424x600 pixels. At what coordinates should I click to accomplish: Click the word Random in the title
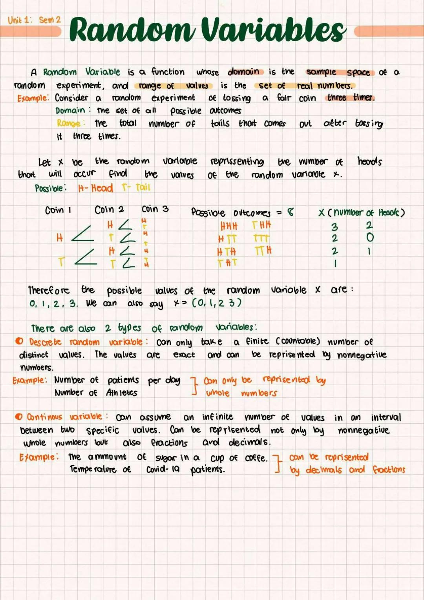pos(132,30)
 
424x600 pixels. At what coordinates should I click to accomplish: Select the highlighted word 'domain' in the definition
pos(243,72)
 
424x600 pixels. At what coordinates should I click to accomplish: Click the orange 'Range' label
pos(69,123)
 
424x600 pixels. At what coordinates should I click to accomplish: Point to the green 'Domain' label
pos(70,110)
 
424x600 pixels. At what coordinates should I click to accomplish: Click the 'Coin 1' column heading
pos(58,210)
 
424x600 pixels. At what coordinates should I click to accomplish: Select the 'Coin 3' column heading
pos(155,209)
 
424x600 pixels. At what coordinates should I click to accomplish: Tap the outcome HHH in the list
pos(229,226)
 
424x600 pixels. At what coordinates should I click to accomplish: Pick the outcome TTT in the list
pos(261,238)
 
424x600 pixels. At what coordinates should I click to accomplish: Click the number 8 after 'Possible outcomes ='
pos(290,212)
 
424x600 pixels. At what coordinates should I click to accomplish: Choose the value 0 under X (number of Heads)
pos(370,237)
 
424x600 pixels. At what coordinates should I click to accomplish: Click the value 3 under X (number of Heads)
pos(334,227)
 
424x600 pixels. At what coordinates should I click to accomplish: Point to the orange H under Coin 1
pos(60,238)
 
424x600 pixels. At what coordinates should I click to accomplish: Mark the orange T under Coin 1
pos(61,262)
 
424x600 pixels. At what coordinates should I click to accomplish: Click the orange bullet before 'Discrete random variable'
pos(19,341)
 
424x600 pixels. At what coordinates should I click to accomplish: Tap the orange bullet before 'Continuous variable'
pos(18,416)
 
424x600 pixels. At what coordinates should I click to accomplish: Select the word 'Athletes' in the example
pos(122,392)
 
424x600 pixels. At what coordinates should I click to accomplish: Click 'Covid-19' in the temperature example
pos(163,469)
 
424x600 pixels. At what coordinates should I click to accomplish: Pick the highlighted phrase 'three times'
pos(351,97)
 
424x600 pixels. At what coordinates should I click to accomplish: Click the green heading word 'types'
pos(129,327)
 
